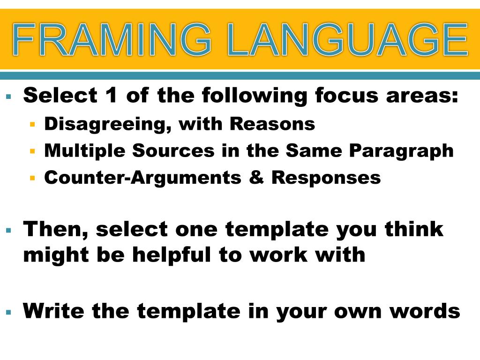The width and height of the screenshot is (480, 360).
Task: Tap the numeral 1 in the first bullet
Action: pyautogui.click(x=111, y=96)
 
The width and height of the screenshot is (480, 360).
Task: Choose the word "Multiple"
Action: pyautogui.click(x=84, y=151)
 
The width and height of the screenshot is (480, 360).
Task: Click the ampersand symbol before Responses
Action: pyautogui.click(x=257, y=178)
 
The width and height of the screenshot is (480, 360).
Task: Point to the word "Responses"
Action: pyautogui.click(x=326, y=178)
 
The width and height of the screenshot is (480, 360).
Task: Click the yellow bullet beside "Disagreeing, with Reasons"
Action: pyautogui.click(x=32, y=125)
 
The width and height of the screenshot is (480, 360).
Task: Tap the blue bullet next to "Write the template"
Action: pyautogui.click(x=8, y=312)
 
